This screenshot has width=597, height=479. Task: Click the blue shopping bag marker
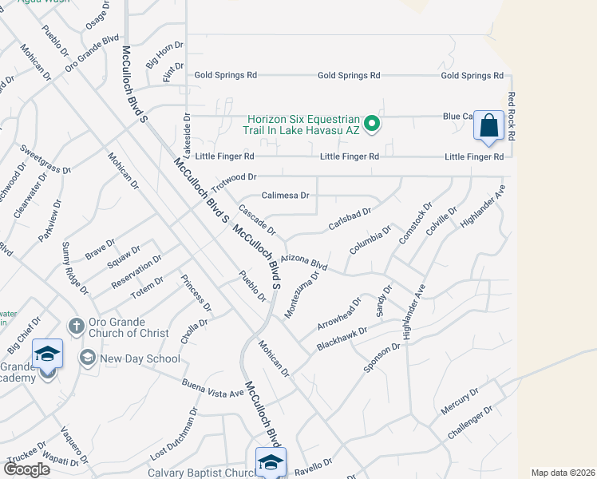click(488, 126)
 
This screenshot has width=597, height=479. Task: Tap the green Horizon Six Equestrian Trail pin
click(371, 125)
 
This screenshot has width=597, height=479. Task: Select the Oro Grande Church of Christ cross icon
click(76, 326)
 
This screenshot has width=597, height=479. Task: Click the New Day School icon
click(87, 357)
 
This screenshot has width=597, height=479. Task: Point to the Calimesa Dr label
click(286, 196)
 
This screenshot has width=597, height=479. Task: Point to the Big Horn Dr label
click(165, 56)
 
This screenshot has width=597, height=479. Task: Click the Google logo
click(27, 469)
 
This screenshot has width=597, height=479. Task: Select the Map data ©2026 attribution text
click(563, 473)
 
